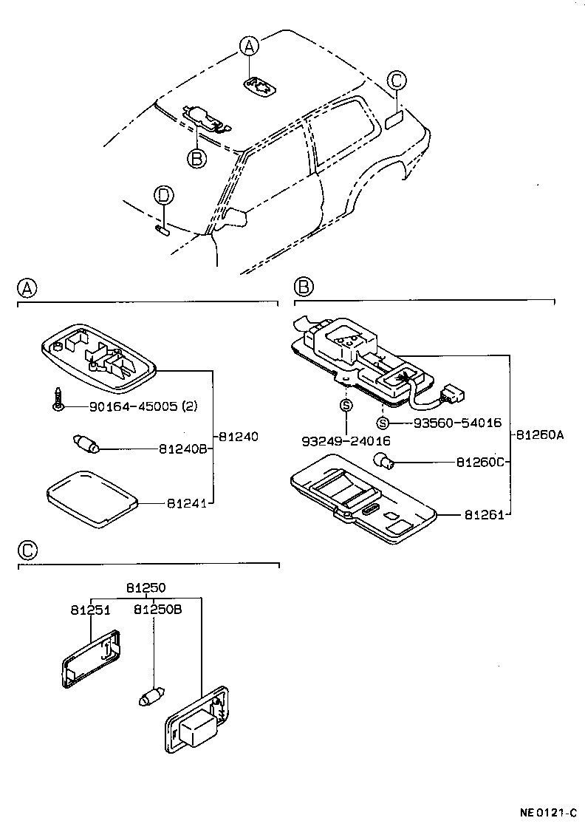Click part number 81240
238,437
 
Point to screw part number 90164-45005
131,406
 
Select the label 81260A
539,435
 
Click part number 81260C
480,463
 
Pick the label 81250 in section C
146,588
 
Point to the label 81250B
158,610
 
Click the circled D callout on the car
163,196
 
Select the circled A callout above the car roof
250,46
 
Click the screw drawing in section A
58,400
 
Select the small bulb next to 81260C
387,463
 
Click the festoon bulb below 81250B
152,695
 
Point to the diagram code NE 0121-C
547,813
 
